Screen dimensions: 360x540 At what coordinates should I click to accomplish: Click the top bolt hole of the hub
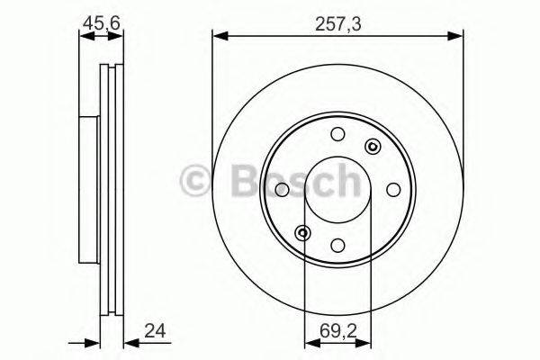click(x=337, y=135)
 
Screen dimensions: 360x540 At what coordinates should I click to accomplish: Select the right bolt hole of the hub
click(x=392, y=190)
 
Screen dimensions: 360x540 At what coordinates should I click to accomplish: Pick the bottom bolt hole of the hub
click(x=337, y=245)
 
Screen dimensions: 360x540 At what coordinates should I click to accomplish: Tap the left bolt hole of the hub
click(x=282, y=190)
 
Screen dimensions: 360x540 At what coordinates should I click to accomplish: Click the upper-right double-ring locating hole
click(x=371, y=147)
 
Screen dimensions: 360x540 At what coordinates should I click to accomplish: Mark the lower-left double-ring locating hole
click(x=303, y=233)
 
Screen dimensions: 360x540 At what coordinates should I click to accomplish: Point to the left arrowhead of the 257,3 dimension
click(x=218, y=36)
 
